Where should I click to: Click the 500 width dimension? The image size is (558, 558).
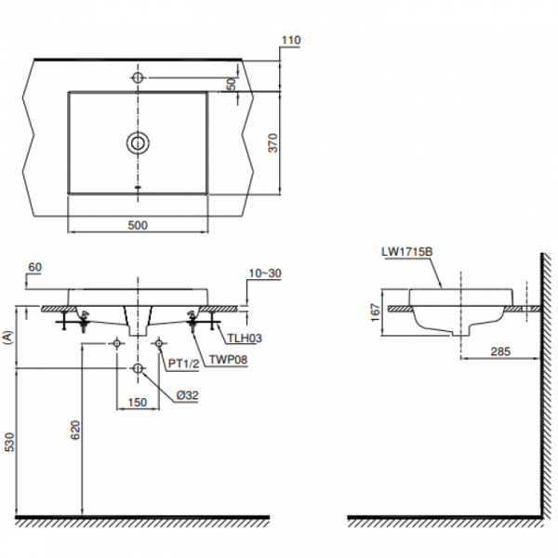pyautogui.click(x=138, y=225)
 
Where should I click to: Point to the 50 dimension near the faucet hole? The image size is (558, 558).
pyautogui.click(x=232, y=83)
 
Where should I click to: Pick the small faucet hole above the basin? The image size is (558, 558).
pyautogui.click(x=138, y=75)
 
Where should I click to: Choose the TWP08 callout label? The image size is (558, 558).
pyautogui.click(x=228, y=357)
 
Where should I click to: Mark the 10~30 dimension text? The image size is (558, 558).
pyautogui.click(x=264, y=273)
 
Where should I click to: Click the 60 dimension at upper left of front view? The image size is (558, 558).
pyautogui.click(x=35, y=268)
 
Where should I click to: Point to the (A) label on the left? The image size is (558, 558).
pyautogui.click(x=9, y=338)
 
